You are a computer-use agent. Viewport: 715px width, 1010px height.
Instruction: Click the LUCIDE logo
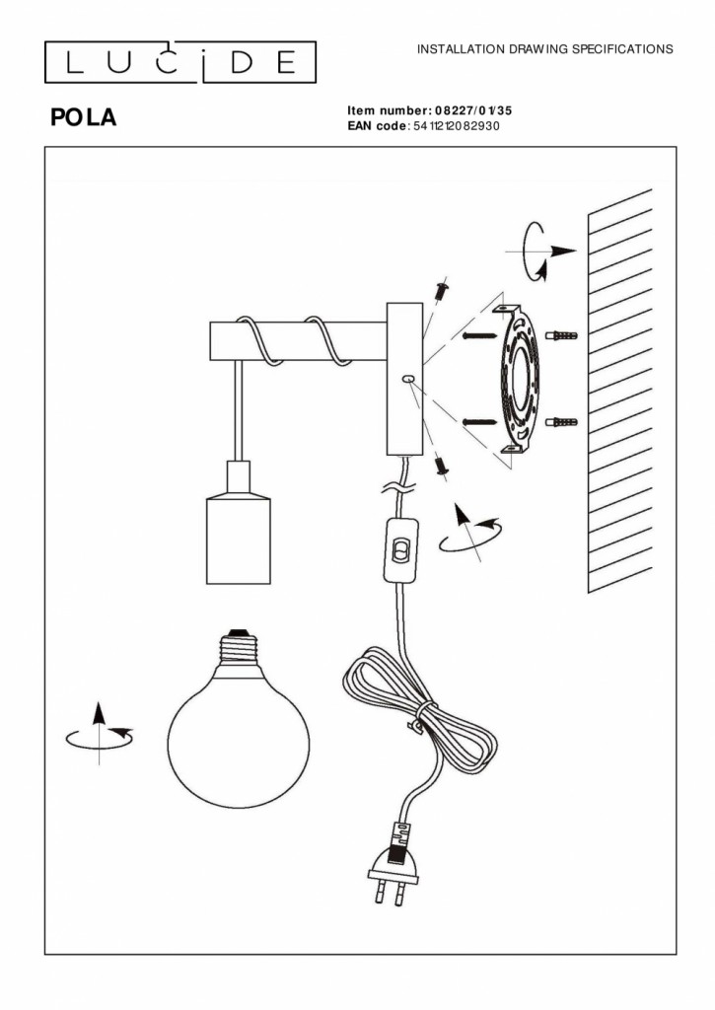tap(180, 62)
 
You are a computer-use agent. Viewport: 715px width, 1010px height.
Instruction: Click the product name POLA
tap(84, 117)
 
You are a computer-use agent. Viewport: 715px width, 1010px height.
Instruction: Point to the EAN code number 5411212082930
tap(456, 125)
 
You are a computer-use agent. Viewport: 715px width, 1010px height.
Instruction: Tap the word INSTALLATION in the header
tap(462, 49)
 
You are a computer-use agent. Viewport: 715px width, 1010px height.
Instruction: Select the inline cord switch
tap(400, 550)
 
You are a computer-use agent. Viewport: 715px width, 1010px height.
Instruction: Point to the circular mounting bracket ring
tap(519, 378)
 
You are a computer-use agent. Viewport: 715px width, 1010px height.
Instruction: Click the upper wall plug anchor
tap(561, 335)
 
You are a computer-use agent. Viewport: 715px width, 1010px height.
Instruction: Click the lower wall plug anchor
tap(561, 422)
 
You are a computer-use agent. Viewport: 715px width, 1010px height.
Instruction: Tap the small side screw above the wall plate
tap(443, 290)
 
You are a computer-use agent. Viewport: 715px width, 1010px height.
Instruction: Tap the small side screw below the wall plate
tap(442, 466)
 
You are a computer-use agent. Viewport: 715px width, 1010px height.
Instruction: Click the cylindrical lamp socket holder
tap(238, 523)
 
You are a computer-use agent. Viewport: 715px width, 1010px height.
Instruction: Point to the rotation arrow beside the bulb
tap(100, 734)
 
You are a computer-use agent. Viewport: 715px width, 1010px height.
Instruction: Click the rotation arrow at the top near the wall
tap(539, 252)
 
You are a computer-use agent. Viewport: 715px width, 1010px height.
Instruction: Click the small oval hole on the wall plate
tap(407, 381)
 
